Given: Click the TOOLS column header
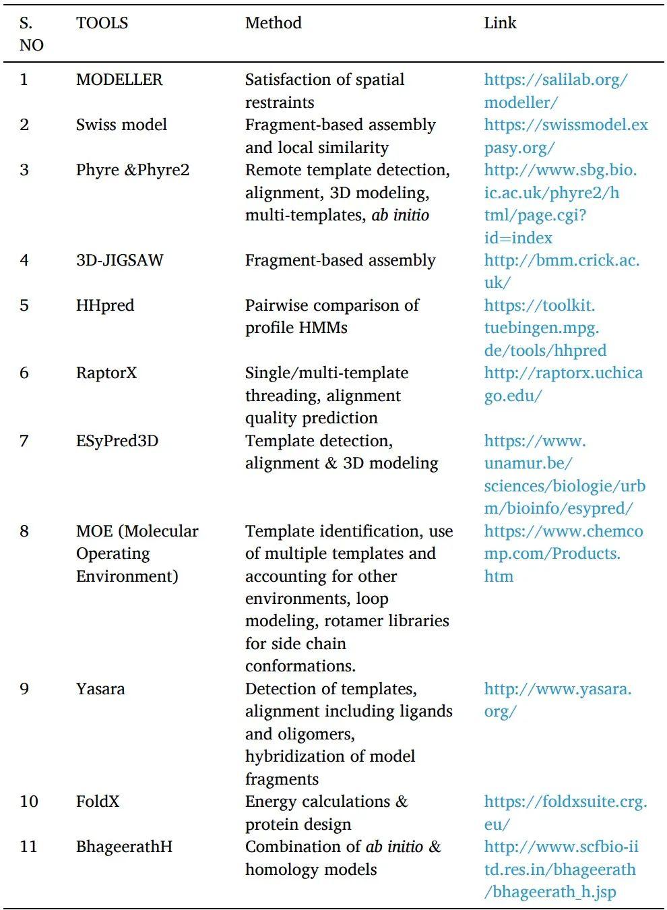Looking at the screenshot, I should [x=102, y=23].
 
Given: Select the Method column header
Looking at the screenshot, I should [x=273, y=23].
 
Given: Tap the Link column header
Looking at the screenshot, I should [x=500, y=23].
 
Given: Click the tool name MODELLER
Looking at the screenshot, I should [x=119, y=80].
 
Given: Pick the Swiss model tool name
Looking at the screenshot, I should [x=121, y=125].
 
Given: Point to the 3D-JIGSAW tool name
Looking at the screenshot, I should [x=119, y=260].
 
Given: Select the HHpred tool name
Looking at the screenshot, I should [x=105, y=305].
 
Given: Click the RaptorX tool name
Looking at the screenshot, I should [x=106, y=373].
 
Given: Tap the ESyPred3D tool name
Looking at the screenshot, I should [x=117, y=441].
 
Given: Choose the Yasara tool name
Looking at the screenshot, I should [x=100, y=689].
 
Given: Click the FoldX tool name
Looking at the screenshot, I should [x=98, y=801].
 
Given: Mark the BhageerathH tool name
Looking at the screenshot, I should [x=124, y=847].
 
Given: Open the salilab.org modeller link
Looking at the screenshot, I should [x=555, y=90].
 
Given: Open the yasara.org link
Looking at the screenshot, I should [x=557, y=700].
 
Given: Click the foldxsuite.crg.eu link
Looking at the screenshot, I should [x=565, y=812].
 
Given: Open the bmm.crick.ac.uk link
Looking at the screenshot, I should [x=561, y=271].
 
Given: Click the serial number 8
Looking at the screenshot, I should [x=24, y=531].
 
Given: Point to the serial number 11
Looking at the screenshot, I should [x=28, y=847].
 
